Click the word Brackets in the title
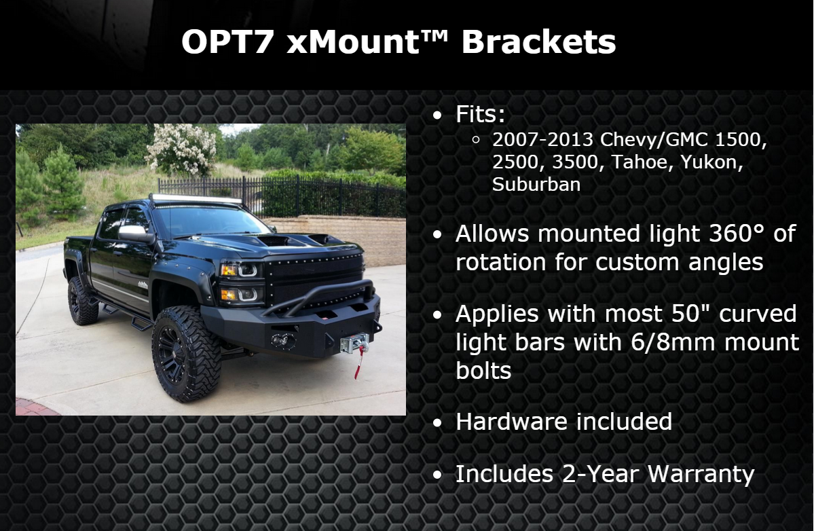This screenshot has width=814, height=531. coord(538,41)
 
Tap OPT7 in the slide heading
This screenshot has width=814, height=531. coord(227,41)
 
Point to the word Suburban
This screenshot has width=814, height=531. coord(536,184)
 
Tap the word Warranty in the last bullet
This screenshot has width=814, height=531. coord(701,475)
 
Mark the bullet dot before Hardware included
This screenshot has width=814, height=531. coord(437,423)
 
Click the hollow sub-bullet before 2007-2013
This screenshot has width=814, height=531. coord(475,140)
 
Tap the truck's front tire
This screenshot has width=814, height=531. coord(185,354)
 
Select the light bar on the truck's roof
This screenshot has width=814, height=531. coord(196,199)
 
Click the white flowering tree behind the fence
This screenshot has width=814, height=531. coord(181,149)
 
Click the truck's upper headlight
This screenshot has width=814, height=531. coord(240,270)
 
